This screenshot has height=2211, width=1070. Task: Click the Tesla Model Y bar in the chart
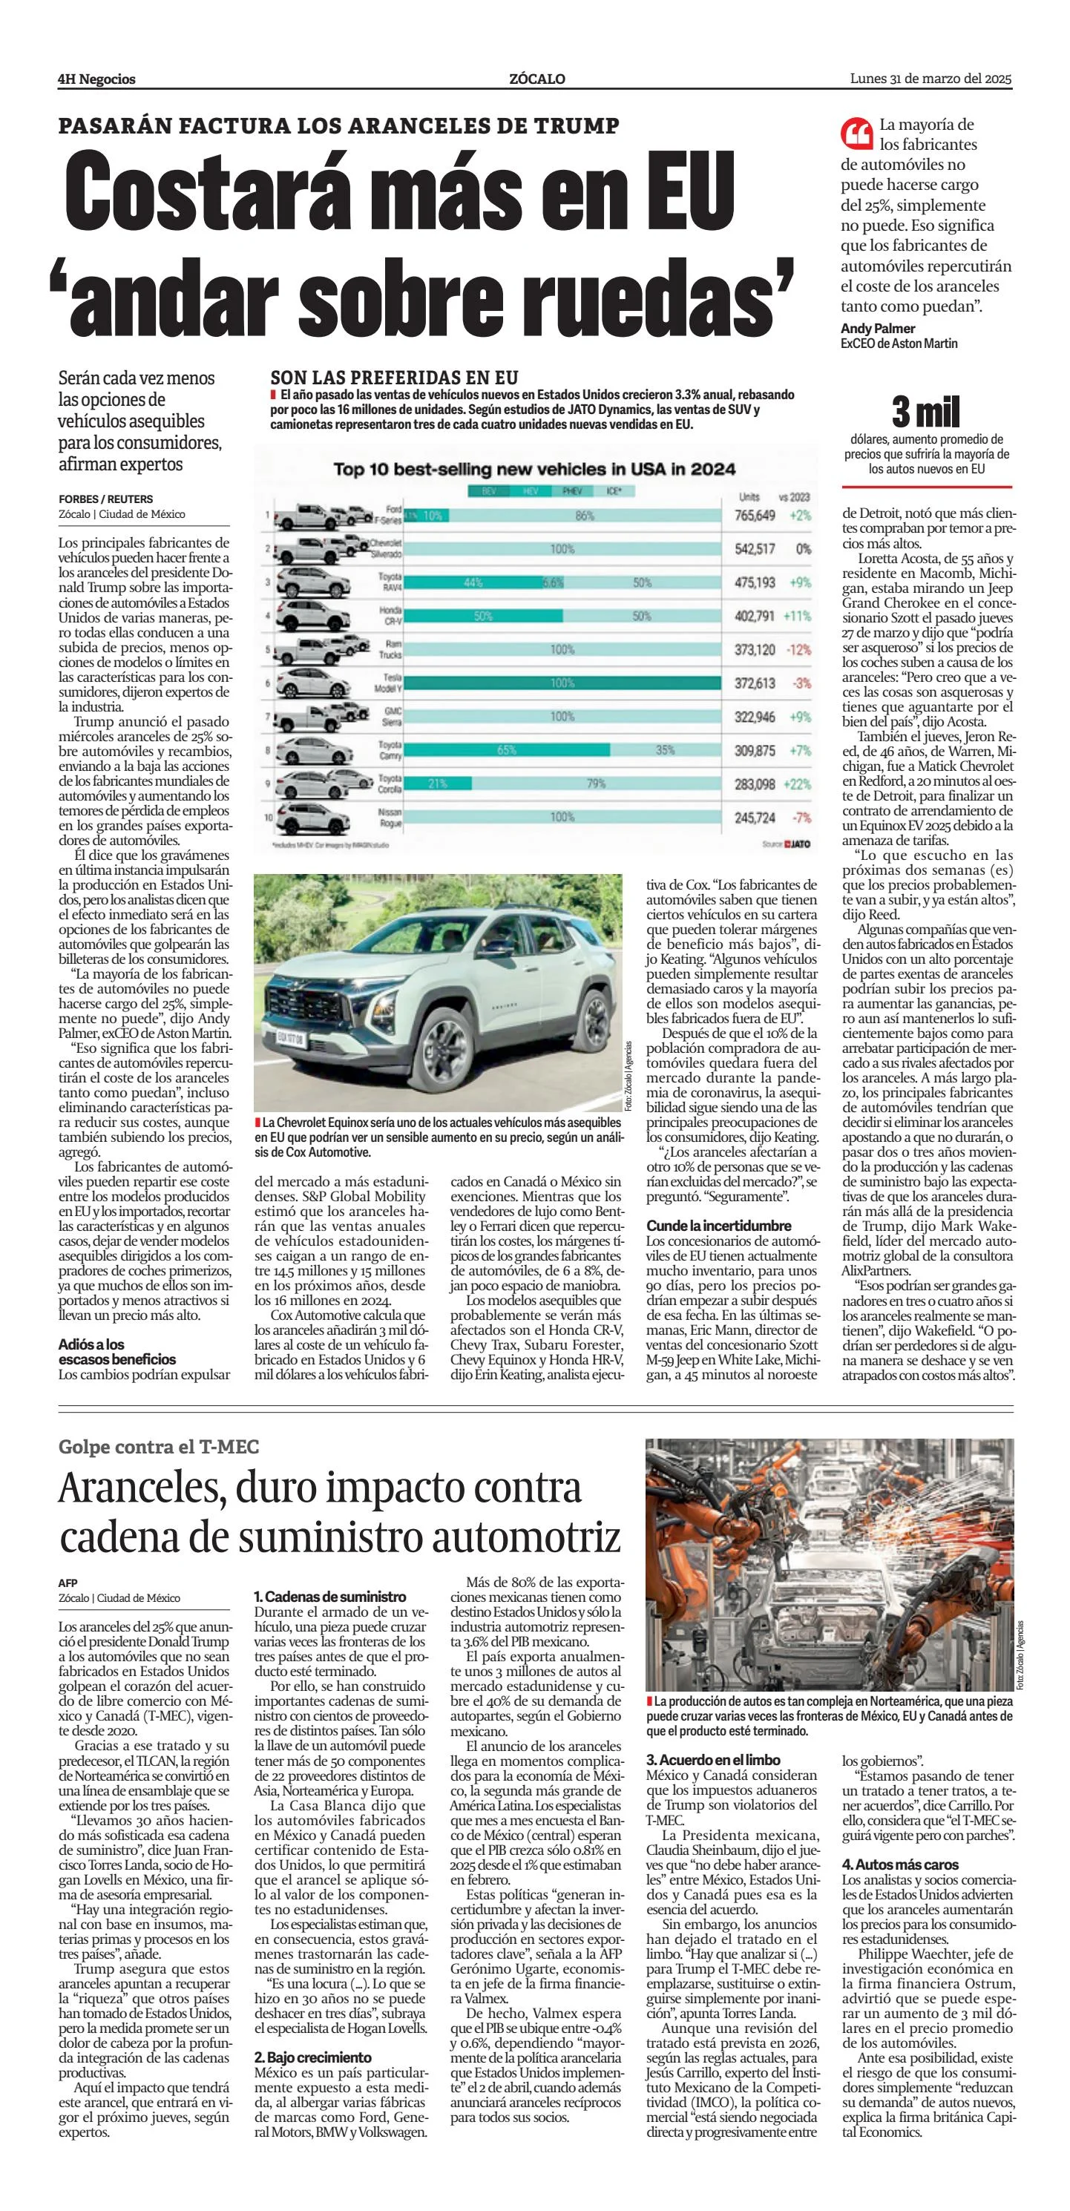pyautogui.click(x=562, y=683)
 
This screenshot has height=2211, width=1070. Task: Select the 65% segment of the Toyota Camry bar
pyautogui.click(x=506, y=750)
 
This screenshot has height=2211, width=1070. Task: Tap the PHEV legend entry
pyautogui.click(x=571, y=492)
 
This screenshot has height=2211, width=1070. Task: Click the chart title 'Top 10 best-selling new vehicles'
pyautogui.click(x=534, y=469)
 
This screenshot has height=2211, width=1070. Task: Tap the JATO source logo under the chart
pyautogui.click(x=797, y=844)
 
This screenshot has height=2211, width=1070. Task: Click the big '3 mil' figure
pyautogui.click(x=926, y=413)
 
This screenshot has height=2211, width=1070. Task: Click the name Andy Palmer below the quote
pyautogui.click(x=878, y=329)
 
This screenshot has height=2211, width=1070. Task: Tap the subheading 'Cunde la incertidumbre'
pyautogui.click(x=718, y=1226)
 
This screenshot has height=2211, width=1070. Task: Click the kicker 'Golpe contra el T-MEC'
pyautogui.click(x=159, y=1447)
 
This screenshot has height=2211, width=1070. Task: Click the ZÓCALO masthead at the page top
pyautogui.click(x=537, y=79)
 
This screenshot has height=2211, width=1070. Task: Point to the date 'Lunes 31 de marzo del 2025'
pyautogui.click(x=931, y=79)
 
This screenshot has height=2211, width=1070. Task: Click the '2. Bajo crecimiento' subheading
pyautogui.click(x=312, y=2057)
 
